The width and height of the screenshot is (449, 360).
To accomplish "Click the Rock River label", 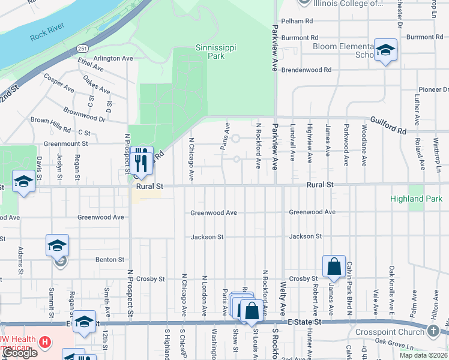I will [47, 35].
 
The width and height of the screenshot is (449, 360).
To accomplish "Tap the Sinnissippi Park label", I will [210, 52].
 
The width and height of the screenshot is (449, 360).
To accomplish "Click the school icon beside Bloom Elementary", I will [385, 51].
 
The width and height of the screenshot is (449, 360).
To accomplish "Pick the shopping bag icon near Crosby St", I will [334, 266].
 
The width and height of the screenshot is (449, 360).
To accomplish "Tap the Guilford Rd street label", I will [388, 124].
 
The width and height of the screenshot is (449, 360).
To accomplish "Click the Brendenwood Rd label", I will [307, 70].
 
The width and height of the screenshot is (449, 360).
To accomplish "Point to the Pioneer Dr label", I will [433, 89].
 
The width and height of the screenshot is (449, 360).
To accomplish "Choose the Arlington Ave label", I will [113, 59].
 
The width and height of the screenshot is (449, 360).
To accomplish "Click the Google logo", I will [19, 353].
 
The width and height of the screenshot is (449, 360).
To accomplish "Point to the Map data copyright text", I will [424, 355].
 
